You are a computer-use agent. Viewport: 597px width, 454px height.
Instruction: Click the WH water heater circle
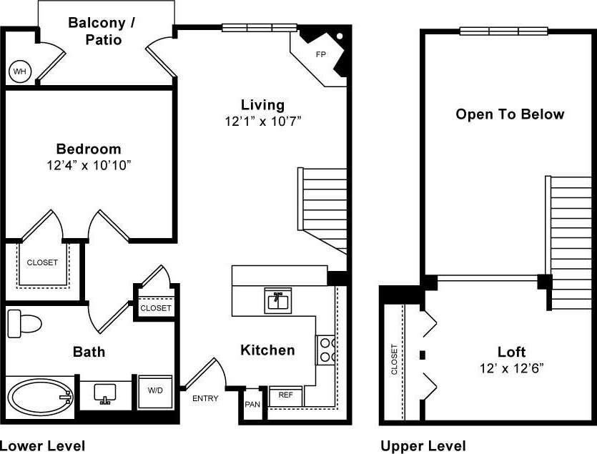19,71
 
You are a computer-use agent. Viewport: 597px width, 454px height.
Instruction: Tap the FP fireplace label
320,54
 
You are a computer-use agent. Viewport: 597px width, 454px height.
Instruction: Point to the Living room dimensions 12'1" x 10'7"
262,122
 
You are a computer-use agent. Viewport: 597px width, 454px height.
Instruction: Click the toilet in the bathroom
24,324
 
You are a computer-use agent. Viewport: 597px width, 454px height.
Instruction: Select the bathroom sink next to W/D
105,393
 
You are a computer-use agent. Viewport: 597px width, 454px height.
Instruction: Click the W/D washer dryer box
154,391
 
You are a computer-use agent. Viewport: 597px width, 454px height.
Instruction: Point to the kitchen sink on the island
277,300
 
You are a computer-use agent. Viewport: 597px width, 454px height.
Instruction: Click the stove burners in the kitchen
327,349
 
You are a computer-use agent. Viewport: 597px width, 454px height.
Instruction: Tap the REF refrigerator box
285,395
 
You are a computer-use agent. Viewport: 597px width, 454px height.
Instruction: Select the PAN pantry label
252,404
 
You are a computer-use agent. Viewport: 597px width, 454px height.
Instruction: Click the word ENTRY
205,398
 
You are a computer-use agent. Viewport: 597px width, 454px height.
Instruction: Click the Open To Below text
510,114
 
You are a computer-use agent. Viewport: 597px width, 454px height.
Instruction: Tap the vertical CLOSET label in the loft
394,360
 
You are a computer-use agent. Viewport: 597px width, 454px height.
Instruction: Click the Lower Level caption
43,446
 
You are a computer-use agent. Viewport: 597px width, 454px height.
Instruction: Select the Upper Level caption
423,446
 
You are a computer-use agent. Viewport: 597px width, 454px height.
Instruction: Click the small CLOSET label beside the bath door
155,308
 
